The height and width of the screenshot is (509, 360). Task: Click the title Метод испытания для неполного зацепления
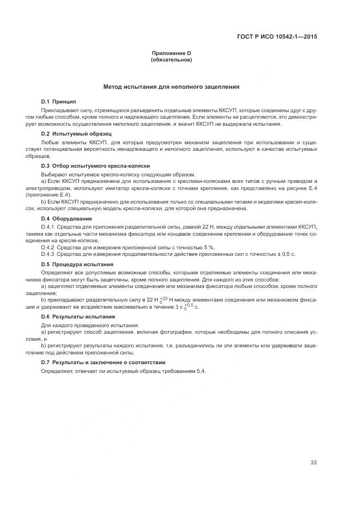172,87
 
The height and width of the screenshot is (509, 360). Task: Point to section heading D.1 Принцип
59,102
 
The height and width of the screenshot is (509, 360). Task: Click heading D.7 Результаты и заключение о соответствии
103,362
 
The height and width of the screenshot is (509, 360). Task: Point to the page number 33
313,463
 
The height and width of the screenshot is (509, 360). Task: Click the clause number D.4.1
48,226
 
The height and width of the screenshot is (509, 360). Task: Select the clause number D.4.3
48,255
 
